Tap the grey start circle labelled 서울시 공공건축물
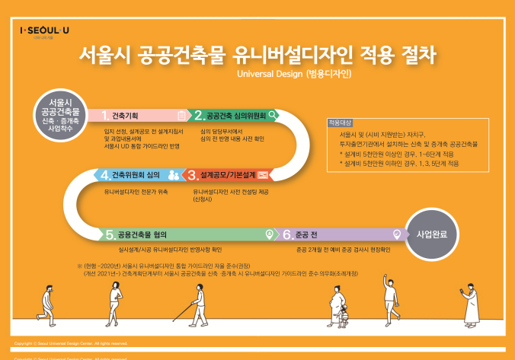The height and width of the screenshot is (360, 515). pyautogui.click(x=60, y=114)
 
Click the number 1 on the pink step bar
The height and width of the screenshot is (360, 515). pyautogui.click(x=106, y=116)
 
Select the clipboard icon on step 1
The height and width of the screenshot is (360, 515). pyautogui.click(x=181, y=116)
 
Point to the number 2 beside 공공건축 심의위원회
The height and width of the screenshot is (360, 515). pyautogui.click(x=199, y=116)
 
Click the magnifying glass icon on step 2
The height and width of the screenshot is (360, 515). pyautogui.click(x=272, y=116)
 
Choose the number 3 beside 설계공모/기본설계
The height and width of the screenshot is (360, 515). pyautogui.click(x=193, y=175)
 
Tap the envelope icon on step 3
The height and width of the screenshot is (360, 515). pyautogui.click(x=262, y=175)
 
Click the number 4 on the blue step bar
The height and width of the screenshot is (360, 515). pyautogui.click(x=105, y=175)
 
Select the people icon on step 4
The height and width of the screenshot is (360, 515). pyautogui.click(x=174, y=175)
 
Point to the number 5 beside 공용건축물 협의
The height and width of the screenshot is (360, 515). pyautogui.click(x=110, y=234)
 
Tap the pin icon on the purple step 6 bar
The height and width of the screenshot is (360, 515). pyautogui.click(x=395, y=234)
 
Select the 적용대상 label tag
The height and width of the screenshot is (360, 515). pyautogui.click(x=339, y=123)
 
